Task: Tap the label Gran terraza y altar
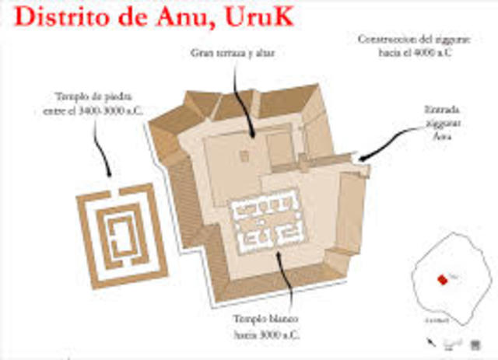pyautogui.click(x=233, y=54)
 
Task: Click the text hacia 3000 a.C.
pyautogui.click(x=264, y=334)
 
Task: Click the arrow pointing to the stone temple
pyautogui.click(x=101, y=148)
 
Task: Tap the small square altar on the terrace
pyautogui.click(x=244, y=156)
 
